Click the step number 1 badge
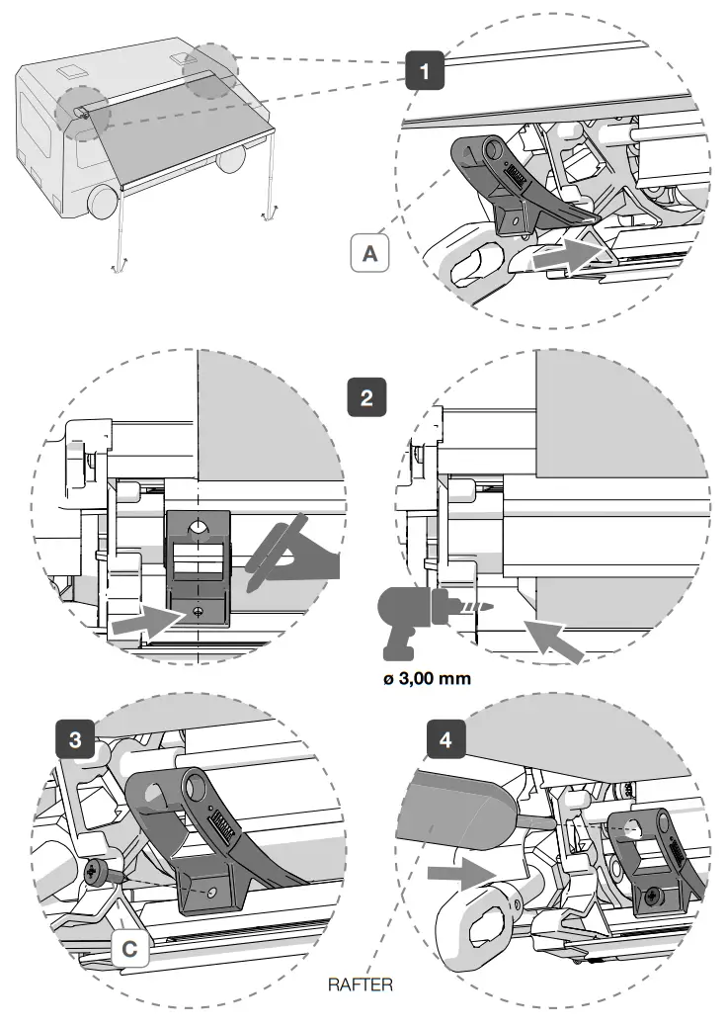tap(425, 70)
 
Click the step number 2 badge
tap(366, 398)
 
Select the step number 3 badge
tap(74, 738)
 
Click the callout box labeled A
tap(369, 253)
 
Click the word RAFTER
tap(360, 985)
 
